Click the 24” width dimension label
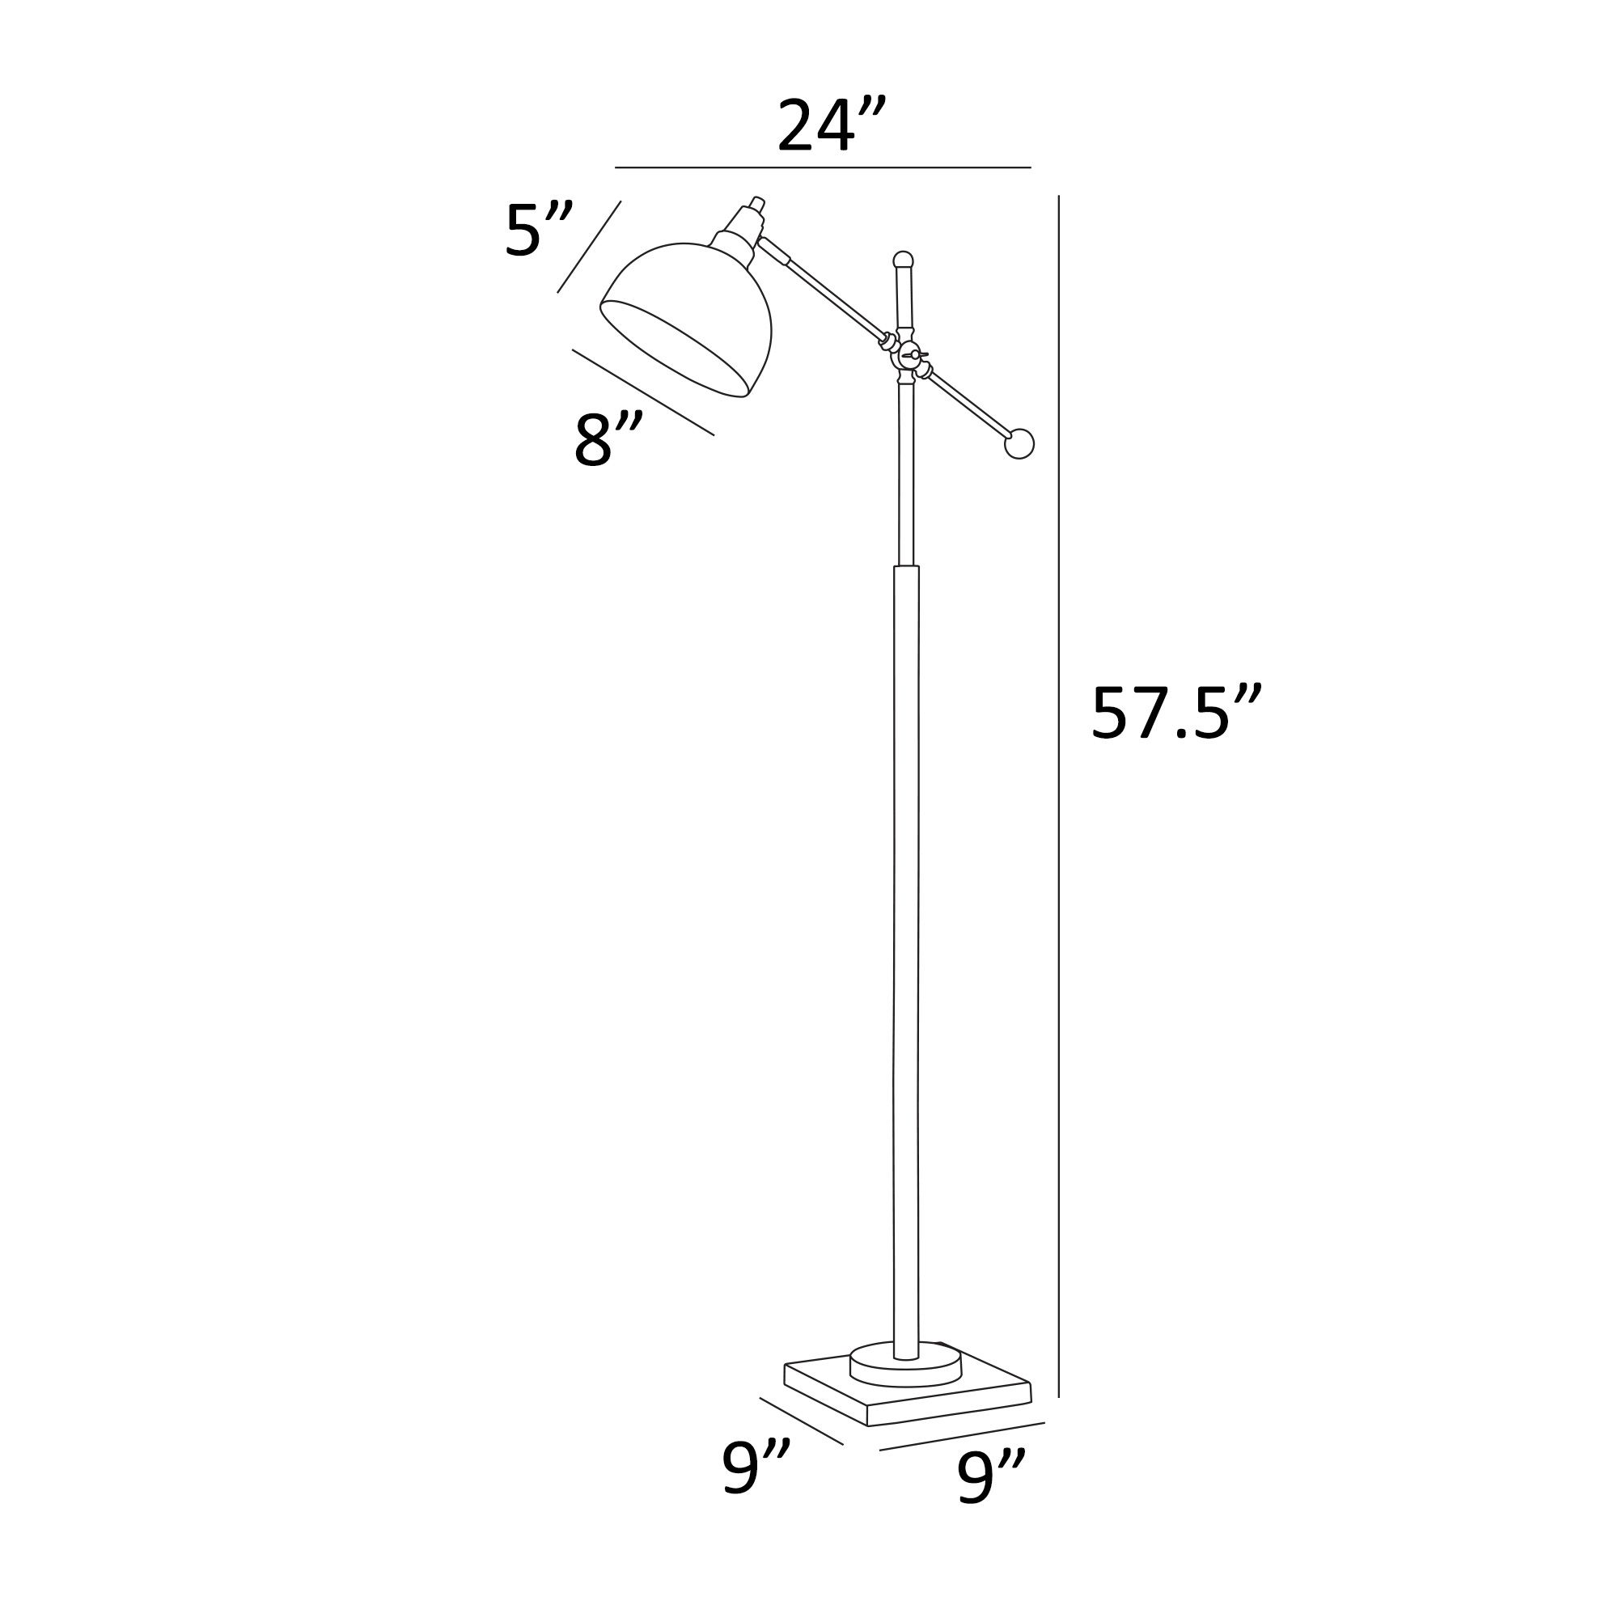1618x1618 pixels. [830, 127]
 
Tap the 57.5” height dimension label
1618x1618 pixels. [1175, 714]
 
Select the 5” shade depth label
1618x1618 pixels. [539, 231]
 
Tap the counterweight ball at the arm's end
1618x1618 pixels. [1019, 443]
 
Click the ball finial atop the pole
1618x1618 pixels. [903, 260]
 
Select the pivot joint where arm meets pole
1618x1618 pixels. [907, 355]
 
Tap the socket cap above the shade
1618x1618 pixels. [740, 227]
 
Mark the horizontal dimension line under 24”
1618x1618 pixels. [823, 167]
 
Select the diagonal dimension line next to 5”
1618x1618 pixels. [589, 247]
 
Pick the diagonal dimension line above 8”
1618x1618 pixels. [642, 392]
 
